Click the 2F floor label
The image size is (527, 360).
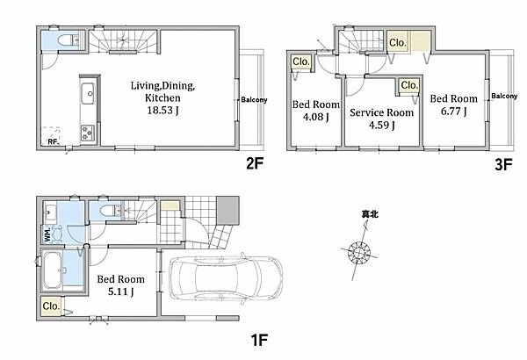254,163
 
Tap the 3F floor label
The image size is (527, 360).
503,165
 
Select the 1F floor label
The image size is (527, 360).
259,340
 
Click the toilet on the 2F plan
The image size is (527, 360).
68,40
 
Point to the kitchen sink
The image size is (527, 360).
88,93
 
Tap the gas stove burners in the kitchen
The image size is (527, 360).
88,133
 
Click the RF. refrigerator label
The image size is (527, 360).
54,141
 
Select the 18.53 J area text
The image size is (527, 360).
162,111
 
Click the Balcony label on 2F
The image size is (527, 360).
254,99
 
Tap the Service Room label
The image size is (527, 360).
382,112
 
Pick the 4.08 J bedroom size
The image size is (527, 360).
316,117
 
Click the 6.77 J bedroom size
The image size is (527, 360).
454,111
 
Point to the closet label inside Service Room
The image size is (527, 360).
409,85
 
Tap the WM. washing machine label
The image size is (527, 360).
47,234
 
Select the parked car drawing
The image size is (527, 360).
226,277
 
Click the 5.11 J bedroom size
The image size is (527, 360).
121,292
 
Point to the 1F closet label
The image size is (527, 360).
51,306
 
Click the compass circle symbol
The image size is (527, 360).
359,252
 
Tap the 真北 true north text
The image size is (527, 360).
370,214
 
